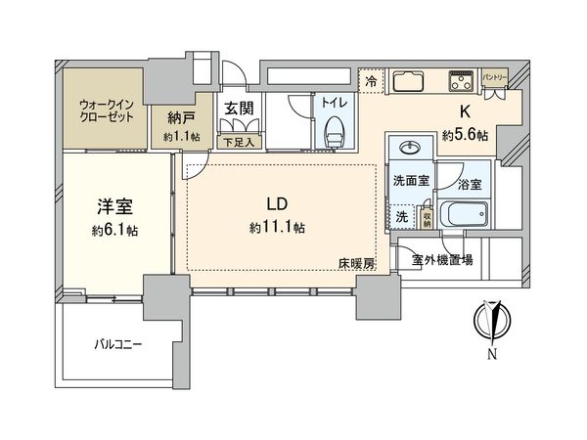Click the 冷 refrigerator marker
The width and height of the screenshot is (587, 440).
coord(371,83)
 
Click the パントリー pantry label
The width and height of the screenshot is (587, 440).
coord(496,77)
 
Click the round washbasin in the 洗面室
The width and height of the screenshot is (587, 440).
coord(408,150)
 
